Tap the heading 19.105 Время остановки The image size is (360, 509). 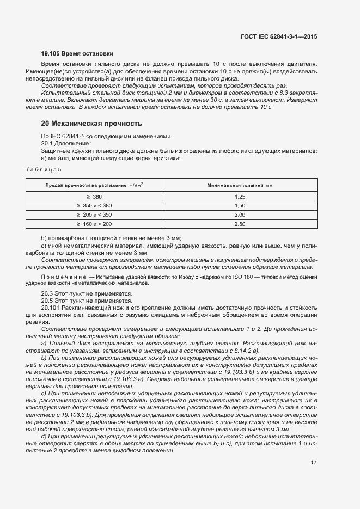click(x=77, y=54)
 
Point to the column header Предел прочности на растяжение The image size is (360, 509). click(x=94, y=186)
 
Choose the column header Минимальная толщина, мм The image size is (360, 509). click(x=240, y=186)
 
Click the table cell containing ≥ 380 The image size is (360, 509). click(x=94, y=197)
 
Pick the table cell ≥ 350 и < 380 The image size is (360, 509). click(x=94, y=206)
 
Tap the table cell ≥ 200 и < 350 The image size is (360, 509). click(x=94, y=215)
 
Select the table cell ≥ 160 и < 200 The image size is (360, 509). click(x=94, y=224)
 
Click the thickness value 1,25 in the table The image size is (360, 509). click(x=240, y=197)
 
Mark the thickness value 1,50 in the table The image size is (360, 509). click(x=240, y=206)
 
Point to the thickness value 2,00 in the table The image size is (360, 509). click(x=240, y=215)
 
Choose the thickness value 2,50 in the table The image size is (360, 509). click(x=240, y=224)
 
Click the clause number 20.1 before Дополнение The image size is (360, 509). click(x=47, y=143)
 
